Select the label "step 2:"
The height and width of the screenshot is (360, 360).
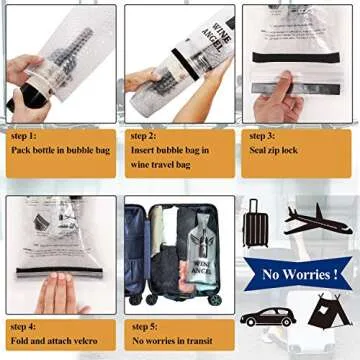tap(146, 135)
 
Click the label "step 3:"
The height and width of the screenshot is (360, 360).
tap(263, 135)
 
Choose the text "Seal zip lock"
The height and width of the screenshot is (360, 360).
tap(275, 150)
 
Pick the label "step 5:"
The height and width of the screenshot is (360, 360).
tap(146, 325)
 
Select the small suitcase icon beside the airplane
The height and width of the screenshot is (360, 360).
tap(257, 222)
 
